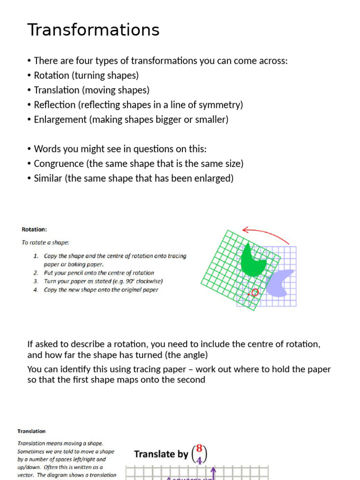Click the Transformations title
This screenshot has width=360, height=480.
93,30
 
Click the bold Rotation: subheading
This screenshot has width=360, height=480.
34,230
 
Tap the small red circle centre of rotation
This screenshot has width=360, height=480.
255,292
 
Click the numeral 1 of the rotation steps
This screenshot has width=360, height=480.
36,256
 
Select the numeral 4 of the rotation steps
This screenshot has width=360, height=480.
36,290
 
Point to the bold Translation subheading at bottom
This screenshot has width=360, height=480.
31,431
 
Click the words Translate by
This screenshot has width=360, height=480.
161,454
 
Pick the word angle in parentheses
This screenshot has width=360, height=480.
192,355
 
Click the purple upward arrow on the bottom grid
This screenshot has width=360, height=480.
214,472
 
